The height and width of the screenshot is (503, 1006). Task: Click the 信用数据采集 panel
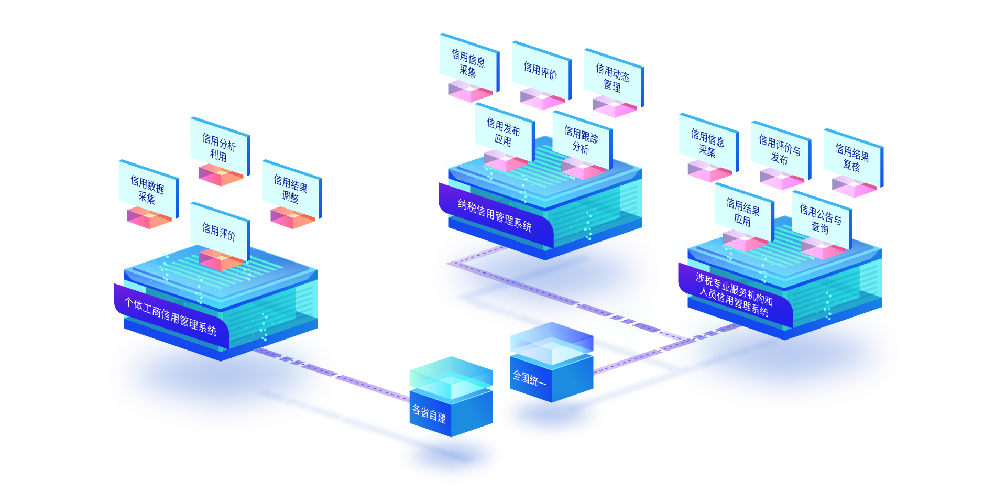pos(147,189)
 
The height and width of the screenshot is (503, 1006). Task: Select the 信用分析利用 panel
pos(219,147)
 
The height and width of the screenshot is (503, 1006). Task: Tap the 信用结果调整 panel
pos(291,189)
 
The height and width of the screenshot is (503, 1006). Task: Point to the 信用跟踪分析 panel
pos(581,139)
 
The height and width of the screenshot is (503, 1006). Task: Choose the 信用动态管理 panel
pos(613,78)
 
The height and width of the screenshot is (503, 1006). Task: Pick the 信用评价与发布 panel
pos(780,150)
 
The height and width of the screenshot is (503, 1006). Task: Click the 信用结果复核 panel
pos(852,158)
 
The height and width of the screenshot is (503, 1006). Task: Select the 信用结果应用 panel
pos(743,212)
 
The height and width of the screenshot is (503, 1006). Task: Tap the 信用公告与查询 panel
pos(821,220)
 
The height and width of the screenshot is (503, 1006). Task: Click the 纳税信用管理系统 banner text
pos(495,215)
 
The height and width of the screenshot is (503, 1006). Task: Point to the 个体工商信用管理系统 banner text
pos(170,316)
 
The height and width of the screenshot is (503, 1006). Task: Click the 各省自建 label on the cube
pos(429,414)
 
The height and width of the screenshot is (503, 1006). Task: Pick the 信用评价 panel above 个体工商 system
pos(219,231)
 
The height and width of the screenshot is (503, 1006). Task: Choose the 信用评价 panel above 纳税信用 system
pos(540,70)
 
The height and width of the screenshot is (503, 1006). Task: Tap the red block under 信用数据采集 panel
pos(149,217)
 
